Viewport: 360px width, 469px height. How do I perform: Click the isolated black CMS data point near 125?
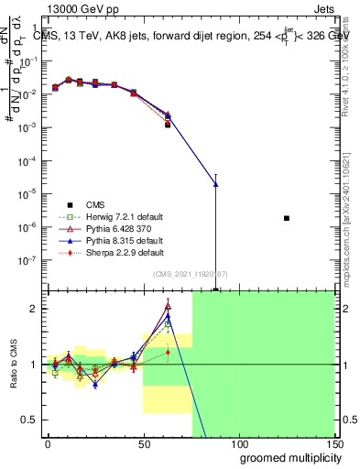click(287, 218)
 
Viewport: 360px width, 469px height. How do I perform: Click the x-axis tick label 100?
click(238, 444)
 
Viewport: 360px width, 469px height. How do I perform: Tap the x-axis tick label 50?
click(143, 444)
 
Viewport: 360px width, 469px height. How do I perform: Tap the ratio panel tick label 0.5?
click(32, 420)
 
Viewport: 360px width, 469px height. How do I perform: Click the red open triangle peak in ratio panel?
click(168, 306)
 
